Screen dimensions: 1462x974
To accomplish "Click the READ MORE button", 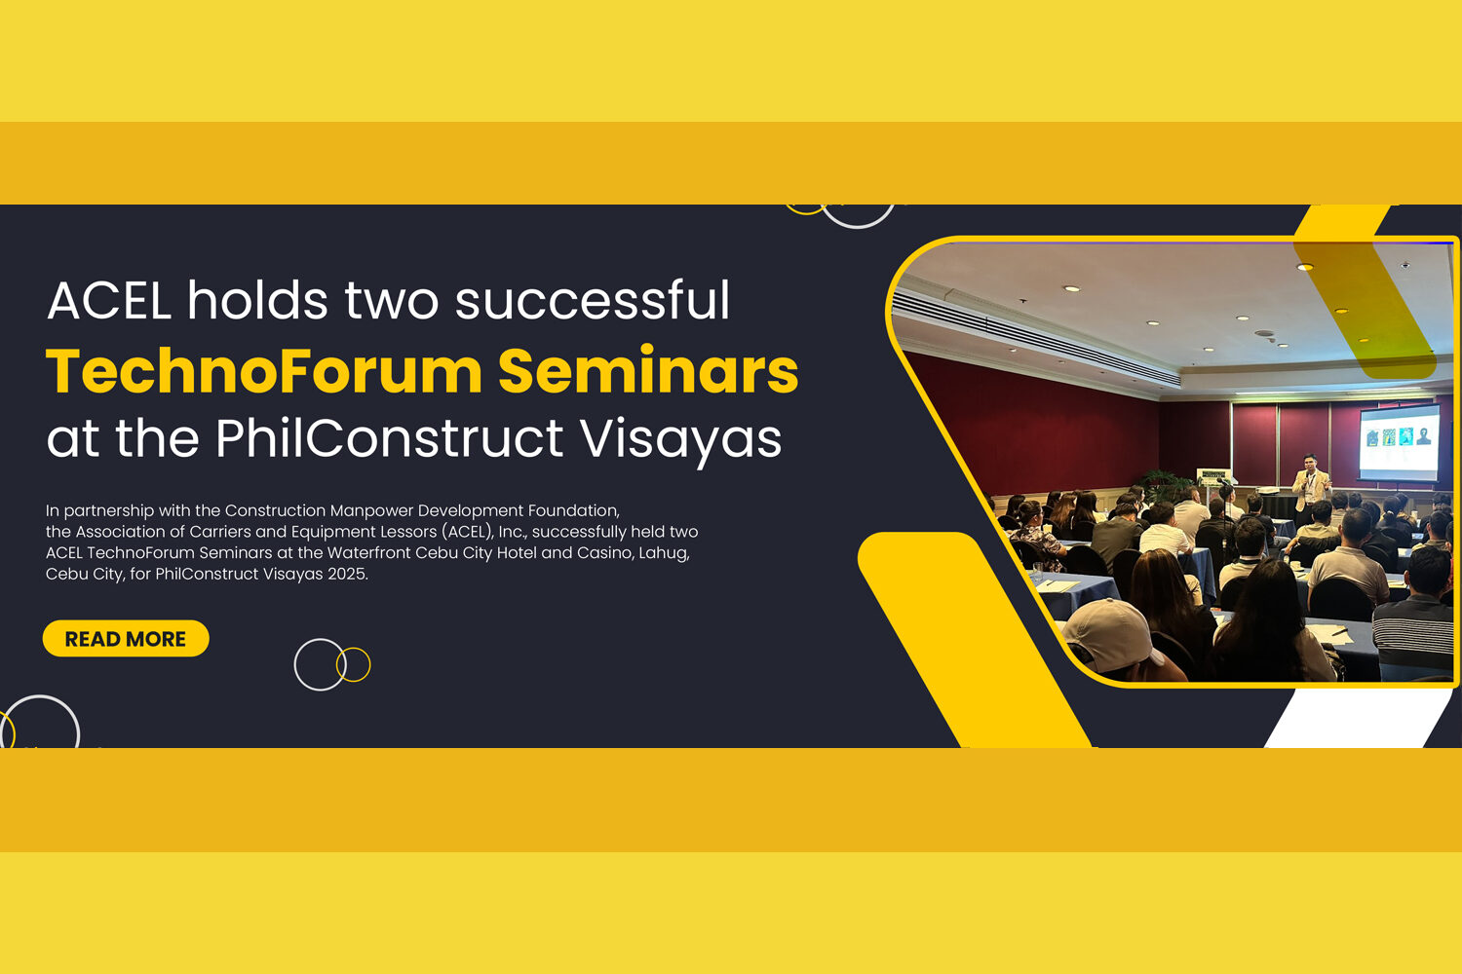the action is (x=126, y=639).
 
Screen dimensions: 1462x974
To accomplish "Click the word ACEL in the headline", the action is (x=109, y=301).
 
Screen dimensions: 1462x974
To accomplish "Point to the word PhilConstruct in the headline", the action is (x=390, y=437).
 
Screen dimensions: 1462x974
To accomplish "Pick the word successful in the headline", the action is (x=592, y=301).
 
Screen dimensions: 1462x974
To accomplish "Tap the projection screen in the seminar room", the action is (x=1400, y=442).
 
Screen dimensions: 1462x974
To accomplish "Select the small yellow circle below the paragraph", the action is (x=353, y=665).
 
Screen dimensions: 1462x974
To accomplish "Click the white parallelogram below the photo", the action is (x=1359, y=718).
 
